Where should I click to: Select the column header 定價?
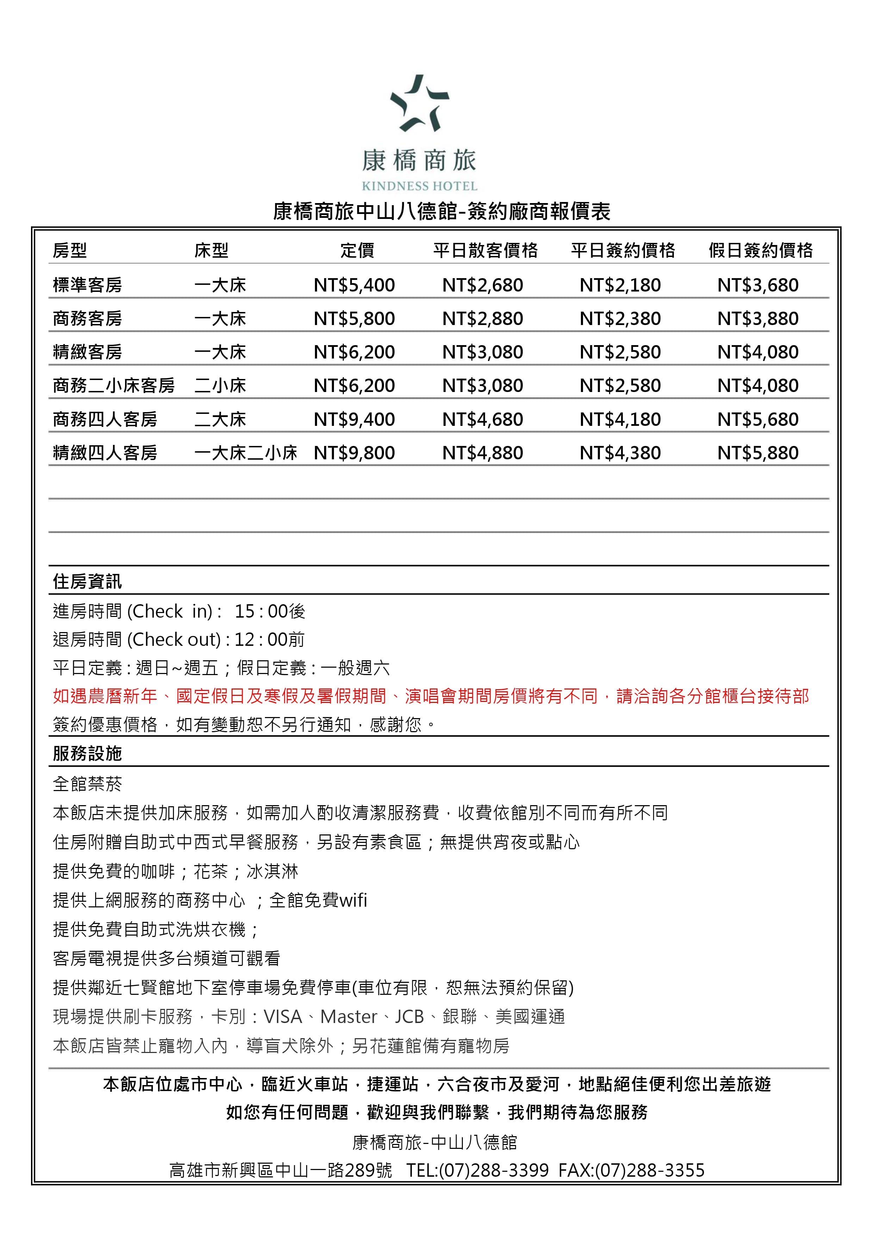[x=357, y=251]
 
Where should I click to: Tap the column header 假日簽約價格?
[x=760, y=251]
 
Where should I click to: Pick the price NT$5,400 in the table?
[x=354, y=285]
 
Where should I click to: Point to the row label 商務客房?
[x=87, y=318]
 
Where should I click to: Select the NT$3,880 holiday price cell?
[x=758, y=318]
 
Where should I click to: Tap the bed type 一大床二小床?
[x=246, y=453]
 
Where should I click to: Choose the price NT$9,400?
[x=354, y=419]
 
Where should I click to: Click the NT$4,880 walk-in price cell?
[x=483, y=453]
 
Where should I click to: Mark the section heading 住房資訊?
[x=87, y=581]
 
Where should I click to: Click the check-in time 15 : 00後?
[x=270, y=611]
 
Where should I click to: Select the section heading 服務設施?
[x=87, y=753]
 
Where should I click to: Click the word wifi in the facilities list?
[x=353, y=900]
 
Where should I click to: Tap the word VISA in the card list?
[x=283, y=1017]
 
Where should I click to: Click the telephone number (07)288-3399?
[x=494, y=1170]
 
